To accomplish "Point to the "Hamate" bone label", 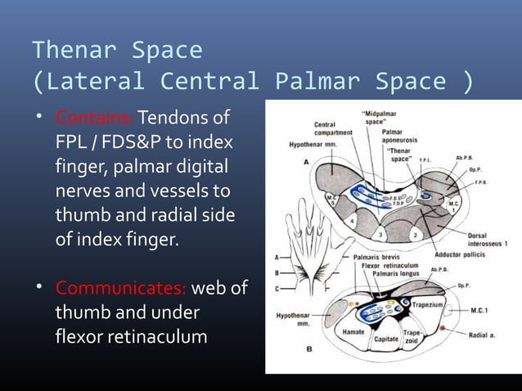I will tap(352, 332).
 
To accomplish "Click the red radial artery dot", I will tap(443, 326).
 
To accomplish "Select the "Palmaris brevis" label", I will tap(382, 256).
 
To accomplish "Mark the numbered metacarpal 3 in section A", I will tap(379, 234).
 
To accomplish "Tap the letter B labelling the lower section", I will tap(308, 348).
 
